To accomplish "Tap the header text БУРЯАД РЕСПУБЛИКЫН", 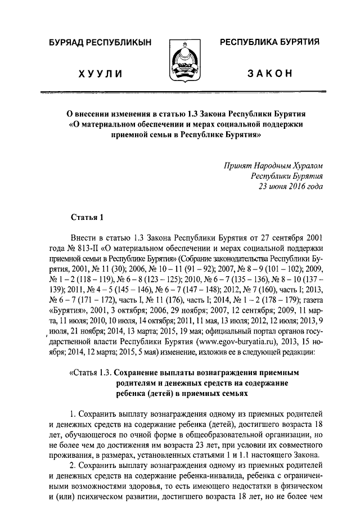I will (x=99, y=43).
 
